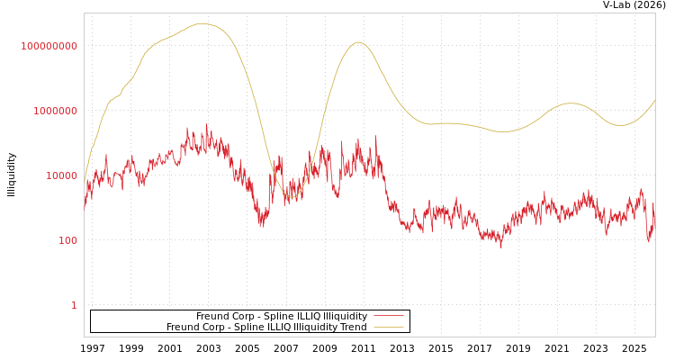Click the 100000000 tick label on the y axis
click(x=49, y=46)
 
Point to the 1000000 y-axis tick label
click(x=55, y=111)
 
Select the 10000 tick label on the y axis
click(x=61, y=175)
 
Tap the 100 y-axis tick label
click(x=67, y=240)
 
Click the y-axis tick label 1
click(x=74, y=305)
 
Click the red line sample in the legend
click(x=388, y=317)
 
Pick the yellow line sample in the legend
click(x=388, y=328)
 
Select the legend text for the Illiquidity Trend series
click(x=266, y=328)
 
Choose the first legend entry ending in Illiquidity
click(x=282, y=317)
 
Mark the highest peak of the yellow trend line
click(x=201, y=23)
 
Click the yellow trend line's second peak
click(x=358, y=42)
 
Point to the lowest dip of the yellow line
click(x=290, y=196)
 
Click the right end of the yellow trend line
click(x=654, y=100)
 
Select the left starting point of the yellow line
click(x=85, y=176)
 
